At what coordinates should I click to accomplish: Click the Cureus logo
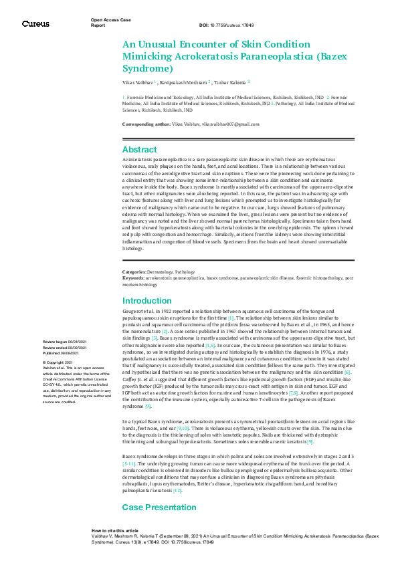click(x=35, y=24)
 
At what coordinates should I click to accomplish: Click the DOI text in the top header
click(x=228, y=25)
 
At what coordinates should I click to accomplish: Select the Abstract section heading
click(x=139, y=149)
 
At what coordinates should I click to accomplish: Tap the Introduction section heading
click(x=146, y=301)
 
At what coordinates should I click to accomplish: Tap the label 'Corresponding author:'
click(x=142, y=124)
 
